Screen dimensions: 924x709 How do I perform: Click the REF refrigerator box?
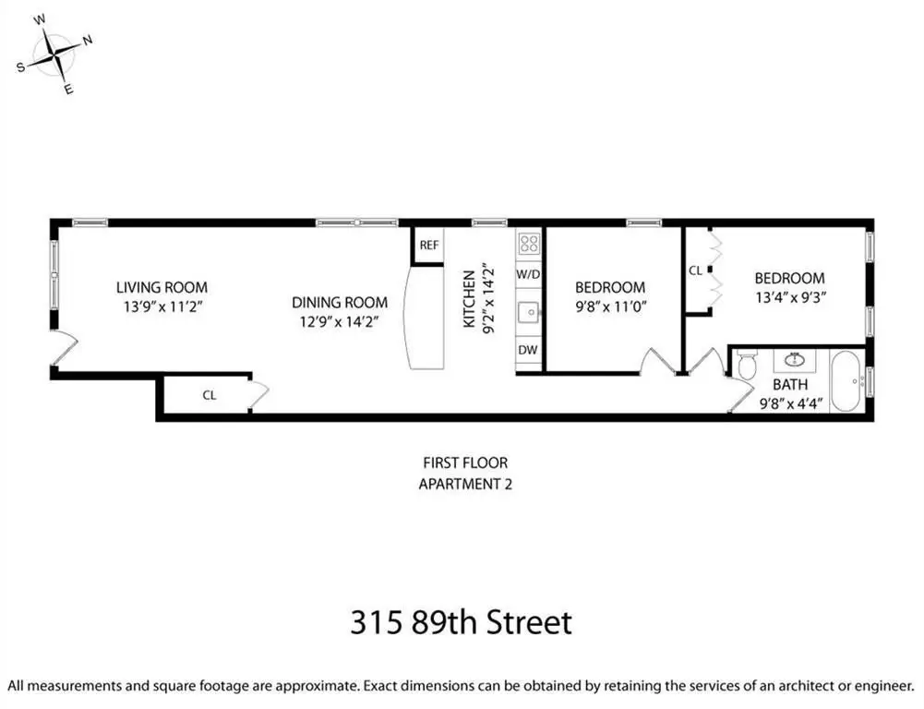click(x=428, y=246)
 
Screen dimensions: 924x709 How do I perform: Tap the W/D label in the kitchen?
click(x=528, y=274)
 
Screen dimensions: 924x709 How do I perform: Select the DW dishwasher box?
click(x=528, y=350)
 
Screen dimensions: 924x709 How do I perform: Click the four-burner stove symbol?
click(x=529, y=244)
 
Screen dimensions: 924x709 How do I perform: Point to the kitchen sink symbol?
click(x=529, y=311)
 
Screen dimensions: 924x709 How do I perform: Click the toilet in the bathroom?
click(x=747, y=366)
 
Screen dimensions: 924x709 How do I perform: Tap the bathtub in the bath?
click(x=848, y=380)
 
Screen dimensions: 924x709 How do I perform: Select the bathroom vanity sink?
click(x=795, y=359)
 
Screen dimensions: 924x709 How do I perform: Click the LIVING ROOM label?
click(x=162, y=288)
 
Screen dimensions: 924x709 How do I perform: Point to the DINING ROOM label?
click(x=340, y=303)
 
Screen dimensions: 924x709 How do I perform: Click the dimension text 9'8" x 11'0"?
click(x=611, y=306)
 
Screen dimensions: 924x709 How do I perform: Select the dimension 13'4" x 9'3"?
click(x=790, y=297)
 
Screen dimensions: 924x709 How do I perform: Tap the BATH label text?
click(x=790, y=384)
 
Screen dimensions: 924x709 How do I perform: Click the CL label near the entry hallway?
click(x=210, y=395)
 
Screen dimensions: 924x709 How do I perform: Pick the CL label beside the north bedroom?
click(x=695, y=270)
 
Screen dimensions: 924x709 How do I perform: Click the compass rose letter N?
click(x=87, y=41)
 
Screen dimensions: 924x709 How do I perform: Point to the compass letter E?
click(x=68, y=90)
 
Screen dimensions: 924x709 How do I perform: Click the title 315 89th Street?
click(x=462, y=622)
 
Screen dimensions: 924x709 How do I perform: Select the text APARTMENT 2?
click(x=465, y=485)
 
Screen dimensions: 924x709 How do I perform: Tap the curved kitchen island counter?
click(x=425, y=318)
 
